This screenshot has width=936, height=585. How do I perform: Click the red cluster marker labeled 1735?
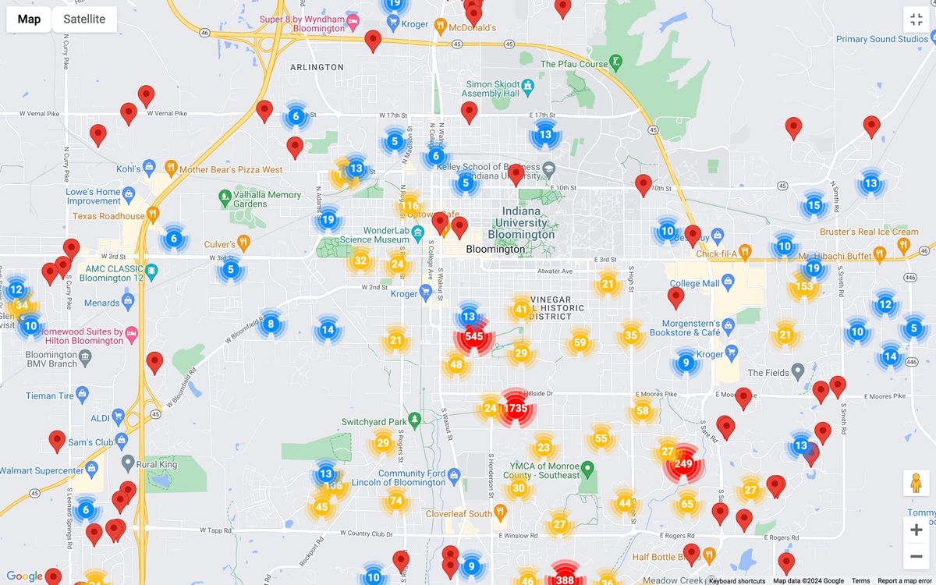(516, 408)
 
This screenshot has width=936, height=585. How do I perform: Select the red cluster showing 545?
(473, 337)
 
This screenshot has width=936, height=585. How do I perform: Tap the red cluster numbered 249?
(683, 464)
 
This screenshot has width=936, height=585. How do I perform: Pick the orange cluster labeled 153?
(803, 287)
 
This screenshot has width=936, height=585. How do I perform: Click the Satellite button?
(84, 19)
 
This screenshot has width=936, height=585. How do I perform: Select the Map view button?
(29, 19)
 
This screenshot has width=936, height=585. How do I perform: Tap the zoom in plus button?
(916, 530)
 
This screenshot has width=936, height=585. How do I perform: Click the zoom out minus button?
(916, 557)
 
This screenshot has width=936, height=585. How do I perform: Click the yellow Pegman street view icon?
(916, 484)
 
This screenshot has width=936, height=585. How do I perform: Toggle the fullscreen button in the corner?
(916, 19)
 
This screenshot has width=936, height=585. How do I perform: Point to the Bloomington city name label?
(495, 250)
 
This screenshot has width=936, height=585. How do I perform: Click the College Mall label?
(695, 283)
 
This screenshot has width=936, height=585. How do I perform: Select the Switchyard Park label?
(374, 422)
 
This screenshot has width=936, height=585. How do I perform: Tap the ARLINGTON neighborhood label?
(317, 67)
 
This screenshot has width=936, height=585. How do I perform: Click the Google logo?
(24, 576)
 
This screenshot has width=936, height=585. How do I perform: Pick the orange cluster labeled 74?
(396, 501)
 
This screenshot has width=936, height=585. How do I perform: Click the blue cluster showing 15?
(814, 206)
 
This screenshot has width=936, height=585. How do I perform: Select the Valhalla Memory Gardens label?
(267, 200)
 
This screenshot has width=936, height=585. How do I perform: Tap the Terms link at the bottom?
(860, 581)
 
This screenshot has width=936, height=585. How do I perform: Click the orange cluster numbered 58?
(643, 411)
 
